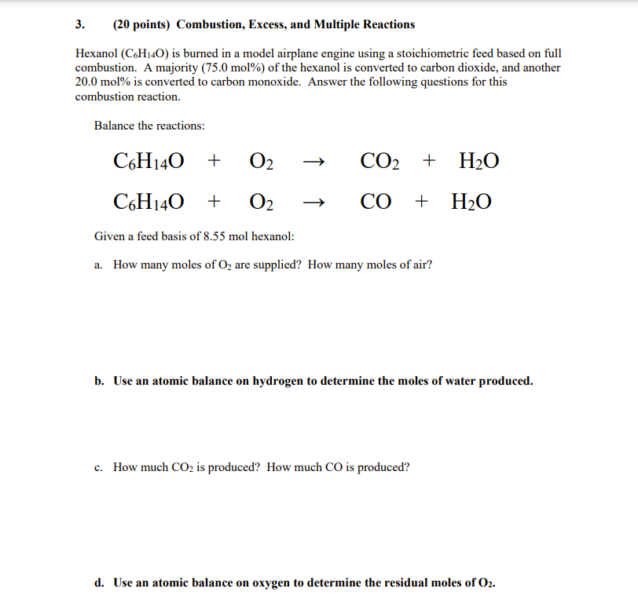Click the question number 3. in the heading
pos(79,24)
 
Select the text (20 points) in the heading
pos(141,24)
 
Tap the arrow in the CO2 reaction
pos(312,163)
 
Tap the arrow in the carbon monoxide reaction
pos(312,203)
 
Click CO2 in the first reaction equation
pos(379,163)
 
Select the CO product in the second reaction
pos(376,202)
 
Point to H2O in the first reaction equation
pos(478,163)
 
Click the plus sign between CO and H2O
pos(422,202)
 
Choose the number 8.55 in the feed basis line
pos(214,236)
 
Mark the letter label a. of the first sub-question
pos(98,265)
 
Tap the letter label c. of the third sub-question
pos(98,468)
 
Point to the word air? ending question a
pos(421,265)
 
